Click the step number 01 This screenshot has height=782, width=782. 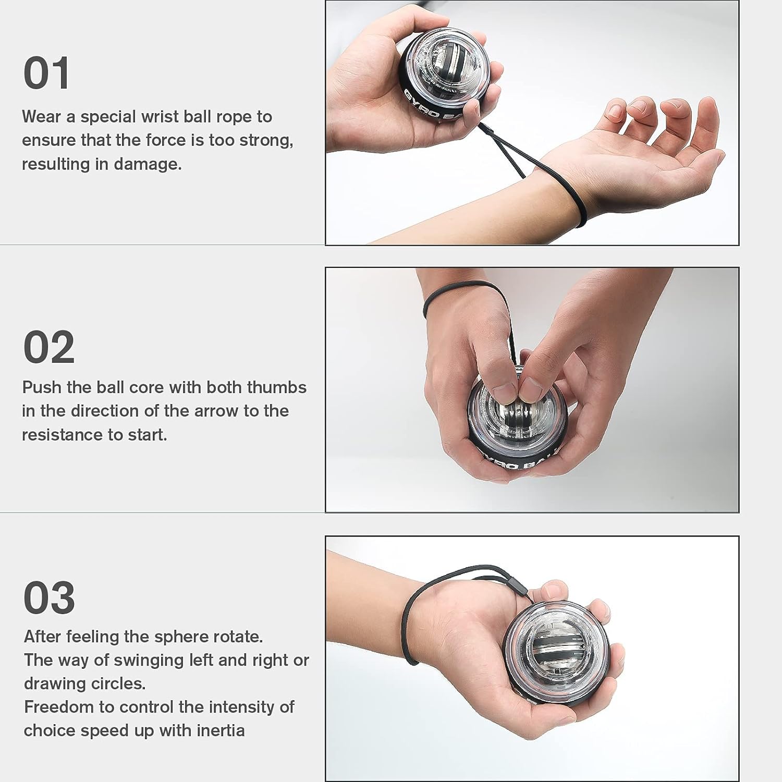point(46,74)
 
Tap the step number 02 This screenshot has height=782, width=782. point(49,347)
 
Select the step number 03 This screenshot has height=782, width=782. point(49,597)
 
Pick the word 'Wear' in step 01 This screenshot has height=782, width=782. point(41,117)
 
